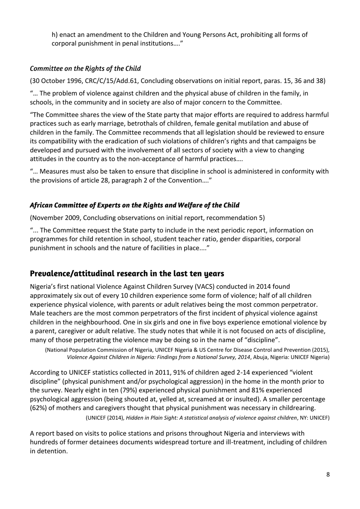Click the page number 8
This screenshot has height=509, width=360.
[328, 474]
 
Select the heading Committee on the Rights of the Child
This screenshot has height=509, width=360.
[85, 69]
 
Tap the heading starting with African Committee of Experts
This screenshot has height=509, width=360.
[135, 205]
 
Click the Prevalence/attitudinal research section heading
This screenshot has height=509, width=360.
[127, 273]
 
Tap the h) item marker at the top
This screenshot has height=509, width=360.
[55, 35]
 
